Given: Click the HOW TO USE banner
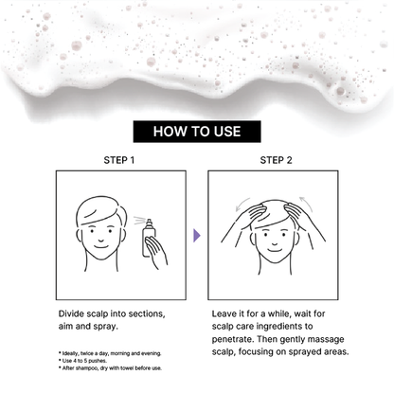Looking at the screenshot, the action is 197,132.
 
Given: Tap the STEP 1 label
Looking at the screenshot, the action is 119,160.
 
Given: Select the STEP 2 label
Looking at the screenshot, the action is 276,160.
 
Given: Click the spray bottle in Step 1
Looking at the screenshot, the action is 148,238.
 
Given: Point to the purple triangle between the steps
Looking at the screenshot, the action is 197,236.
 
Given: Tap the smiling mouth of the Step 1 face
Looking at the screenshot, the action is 100,246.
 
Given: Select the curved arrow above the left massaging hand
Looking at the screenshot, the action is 242,204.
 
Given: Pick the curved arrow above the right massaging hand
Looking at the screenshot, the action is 307,204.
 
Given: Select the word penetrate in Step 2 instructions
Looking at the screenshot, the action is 231,340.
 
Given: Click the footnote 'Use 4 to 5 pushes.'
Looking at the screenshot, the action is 82,361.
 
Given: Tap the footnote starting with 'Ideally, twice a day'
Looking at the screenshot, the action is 110,353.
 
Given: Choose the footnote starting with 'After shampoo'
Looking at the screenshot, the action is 110,368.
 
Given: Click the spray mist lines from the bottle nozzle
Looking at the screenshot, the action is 139,221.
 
